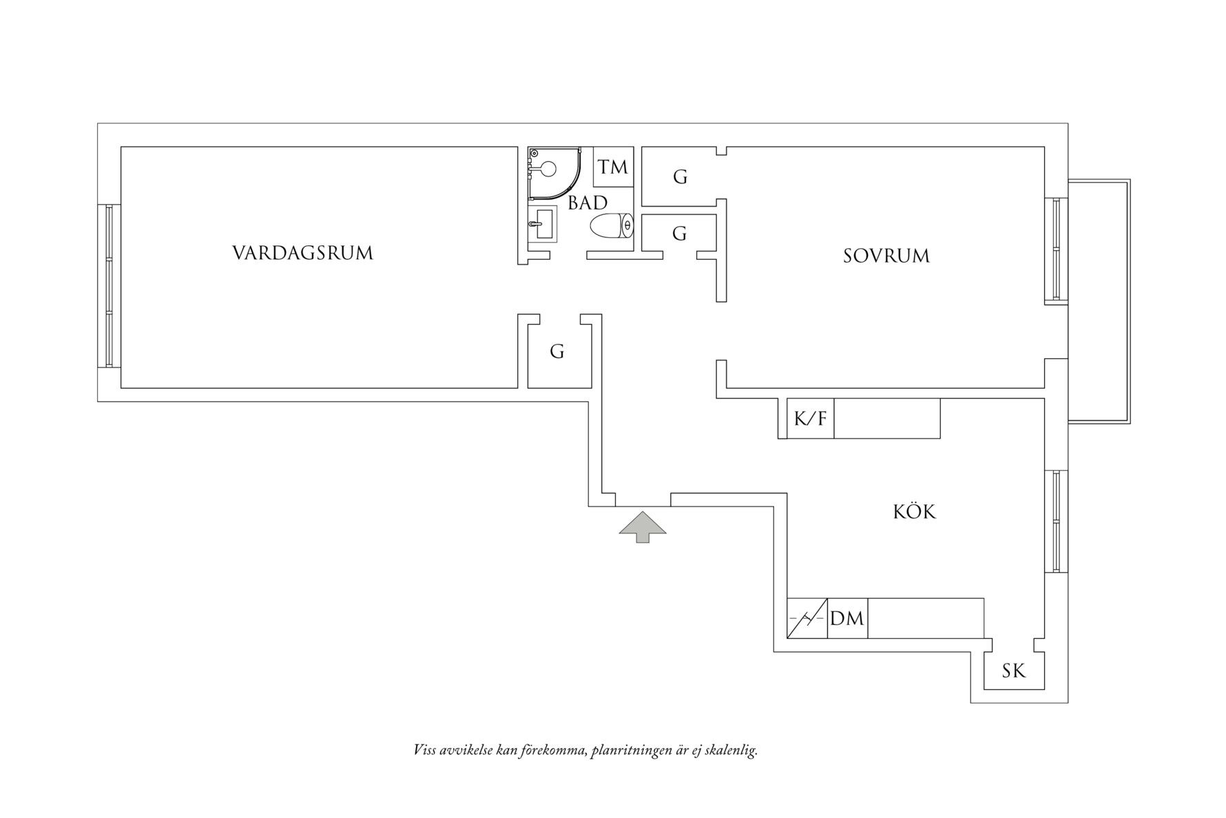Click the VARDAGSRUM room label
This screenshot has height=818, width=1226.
[x=302, y=254]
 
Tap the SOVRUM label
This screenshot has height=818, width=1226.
[x=886, y=256]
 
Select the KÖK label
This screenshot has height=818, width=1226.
[x=914, y=512]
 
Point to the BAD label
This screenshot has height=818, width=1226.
[x=588, y=203]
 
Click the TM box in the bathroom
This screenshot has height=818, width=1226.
[x=612, y=167]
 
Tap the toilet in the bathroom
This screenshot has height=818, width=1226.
[x=612, y=225]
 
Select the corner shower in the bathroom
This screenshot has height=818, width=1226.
[x=551, y=169]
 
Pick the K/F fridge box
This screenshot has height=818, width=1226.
[x=810, y=418]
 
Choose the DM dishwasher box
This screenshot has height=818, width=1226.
[x=846, y=618]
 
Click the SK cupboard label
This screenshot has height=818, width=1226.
[x=1013, y=671]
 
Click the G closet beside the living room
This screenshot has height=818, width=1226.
[x=557, y=352]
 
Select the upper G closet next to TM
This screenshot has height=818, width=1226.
[x=680, y=177]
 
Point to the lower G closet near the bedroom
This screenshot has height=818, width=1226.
[x=679, y=234]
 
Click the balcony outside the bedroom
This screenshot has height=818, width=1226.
[x=1098, y=300]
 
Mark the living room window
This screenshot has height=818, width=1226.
[x=109, y=285]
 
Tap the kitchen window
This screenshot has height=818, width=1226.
[x=1056, y=521]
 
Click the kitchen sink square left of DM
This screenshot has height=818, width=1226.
[x=807, y=618]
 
